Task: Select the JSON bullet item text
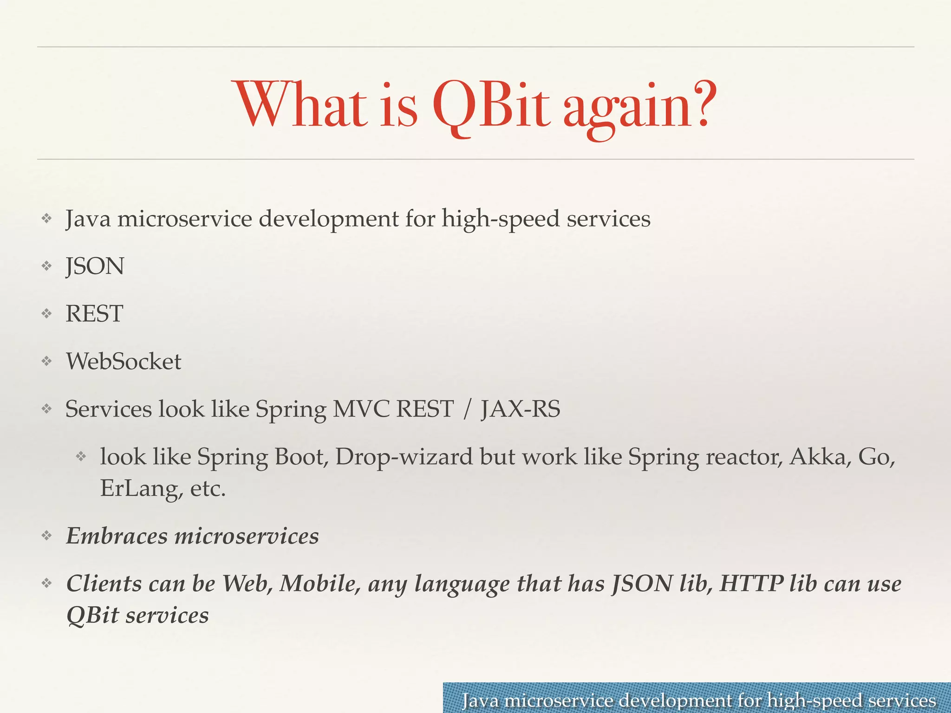click(95, 266)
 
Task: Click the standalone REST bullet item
click(94, 314)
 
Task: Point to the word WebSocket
click(124, 362)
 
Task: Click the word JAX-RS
click(520, 409)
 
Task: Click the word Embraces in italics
click(117, 536)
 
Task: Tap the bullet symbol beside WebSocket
click(46, 361)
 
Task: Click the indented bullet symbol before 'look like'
click(81, 457)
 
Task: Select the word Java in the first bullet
click(88, 219)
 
